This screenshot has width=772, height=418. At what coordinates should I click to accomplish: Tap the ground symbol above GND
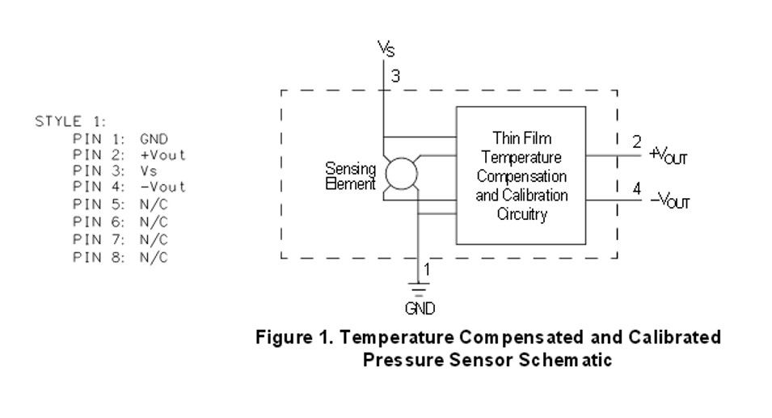point(418,289)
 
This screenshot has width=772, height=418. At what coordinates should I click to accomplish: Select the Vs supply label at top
point(386,49)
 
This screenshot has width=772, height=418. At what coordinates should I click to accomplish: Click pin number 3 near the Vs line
point(395,76)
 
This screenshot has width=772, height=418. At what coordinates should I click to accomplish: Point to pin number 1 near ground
point(427,269)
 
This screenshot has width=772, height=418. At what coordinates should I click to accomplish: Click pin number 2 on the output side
point(637,141)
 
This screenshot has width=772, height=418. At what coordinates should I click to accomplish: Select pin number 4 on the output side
point(637,188)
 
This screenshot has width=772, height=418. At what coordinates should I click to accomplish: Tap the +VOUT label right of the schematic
point(668,155)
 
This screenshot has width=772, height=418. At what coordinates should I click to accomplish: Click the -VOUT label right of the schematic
point(670,201)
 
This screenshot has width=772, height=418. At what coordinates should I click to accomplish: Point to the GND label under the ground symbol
point(420,309)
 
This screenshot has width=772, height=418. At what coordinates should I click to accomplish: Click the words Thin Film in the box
point(522,138)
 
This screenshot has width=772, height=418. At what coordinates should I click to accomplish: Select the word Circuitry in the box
point(522,214)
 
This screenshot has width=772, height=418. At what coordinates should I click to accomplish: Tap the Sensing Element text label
point(351,176)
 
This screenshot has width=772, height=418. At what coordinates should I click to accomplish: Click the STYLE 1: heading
point(70,121)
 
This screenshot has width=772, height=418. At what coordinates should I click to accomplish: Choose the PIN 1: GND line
point(120,139)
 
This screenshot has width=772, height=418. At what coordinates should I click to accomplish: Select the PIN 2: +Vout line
point(129,155)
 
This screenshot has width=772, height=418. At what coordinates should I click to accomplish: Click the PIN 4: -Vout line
point(129,187)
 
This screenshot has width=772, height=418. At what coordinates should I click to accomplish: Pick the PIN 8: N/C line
point(120,257)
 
